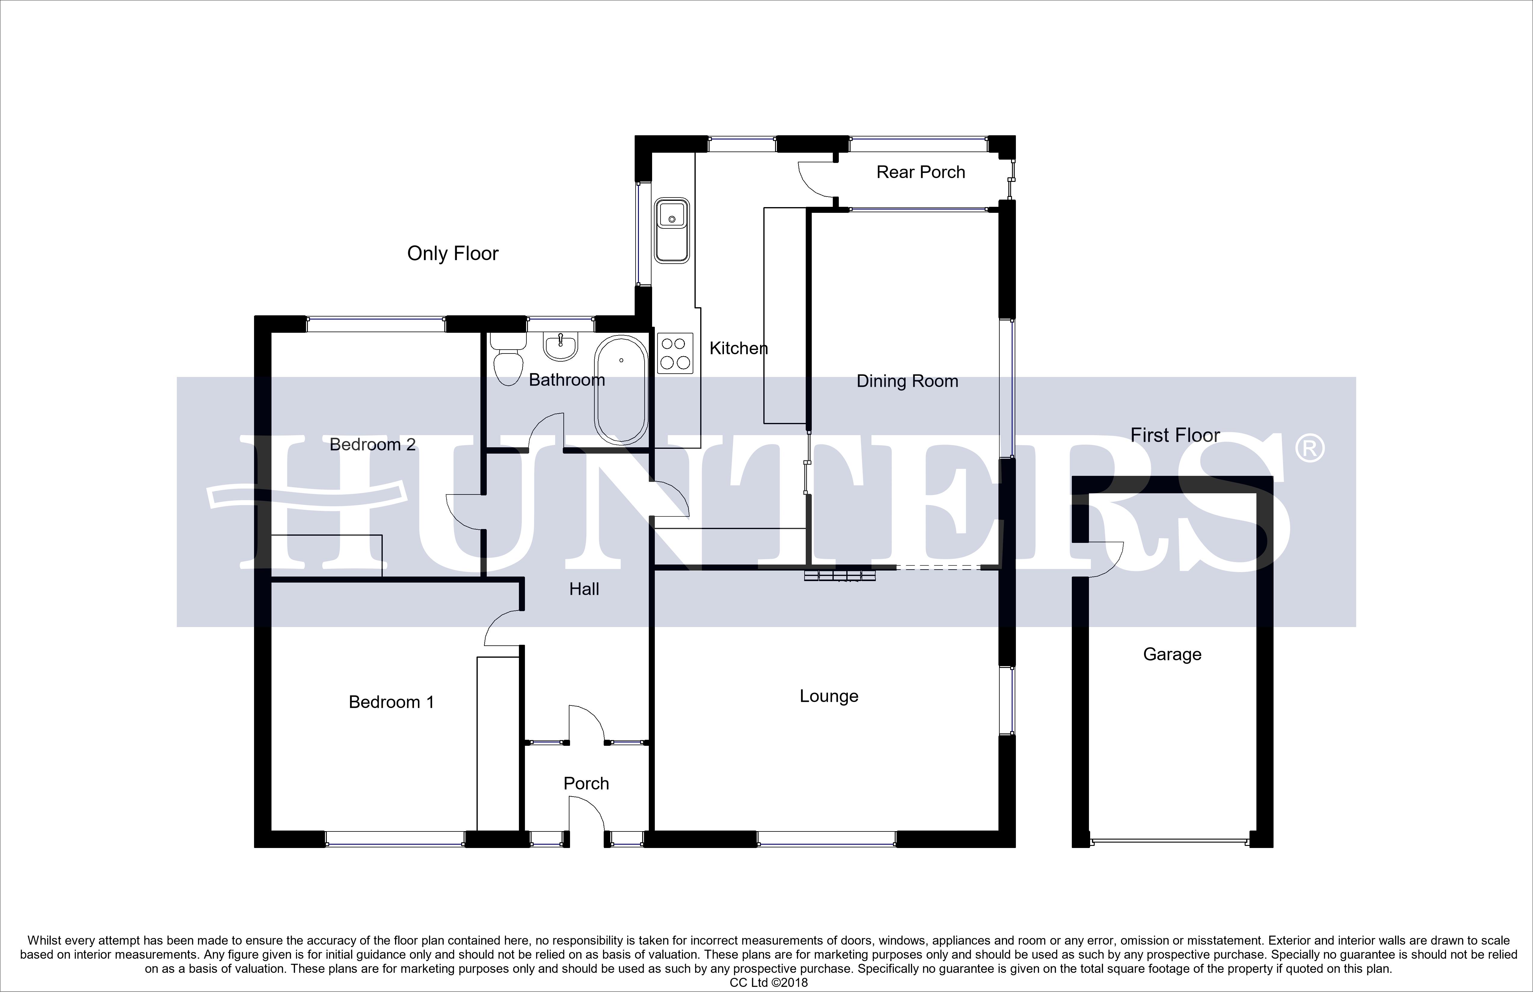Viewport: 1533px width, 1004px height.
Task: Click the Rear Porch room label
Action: pyautogui.click(x=921, y=172)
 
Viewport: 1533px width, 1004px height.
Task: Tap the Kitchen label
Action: pyautogui.click(x=738, y=348)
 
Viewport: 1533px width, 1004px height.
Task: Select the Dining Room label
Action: pyautogui.click(x=907, y=381)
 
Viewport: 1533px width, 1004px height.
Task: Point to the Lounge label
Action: pyautogui.click(x=828, y=696)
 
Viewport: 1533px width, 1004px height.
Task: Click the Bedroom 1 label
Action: pyautogui.click(x=391, y=702)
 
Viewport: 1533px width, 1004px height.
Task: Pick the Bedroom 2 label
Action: pyautogui.click(x=372, y=444)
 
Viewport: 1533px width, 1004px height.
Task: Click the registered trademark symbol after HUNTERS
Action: pyautogui.click(x=1309, y=449)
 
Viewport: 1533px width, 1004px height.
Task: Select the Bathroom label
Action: pyautogui.click(x=566, y=380)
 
